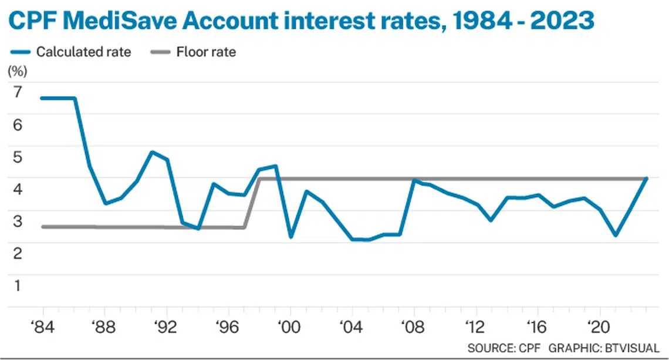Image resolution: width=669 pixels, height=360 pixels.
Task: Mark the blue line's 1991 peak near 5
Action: (152, 152)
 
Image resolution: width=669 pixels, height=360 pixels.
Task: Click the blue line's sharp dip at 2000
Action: (290, 237)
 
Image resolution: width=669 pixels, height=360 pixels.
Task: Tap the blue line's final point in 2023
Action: (646, 178)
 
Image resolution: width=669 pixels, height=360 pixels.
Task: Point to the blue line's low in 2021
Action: (615, 235)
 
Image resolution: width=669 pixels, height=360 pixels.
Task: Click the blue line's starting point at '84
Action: (43, 98)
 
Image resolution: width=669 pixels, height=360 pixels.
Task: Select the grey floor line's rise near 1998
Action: (253, 203)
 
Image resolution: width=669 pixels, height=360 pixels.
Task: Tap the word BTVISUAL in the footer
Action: (633, 347)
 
